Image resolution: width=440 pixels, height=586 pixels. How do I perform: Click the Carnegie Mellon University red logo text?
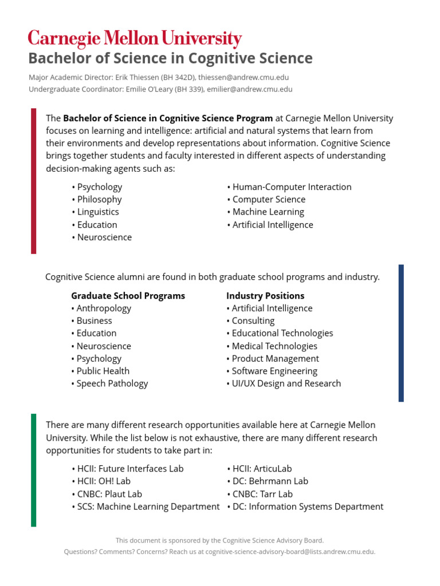pos(135,39)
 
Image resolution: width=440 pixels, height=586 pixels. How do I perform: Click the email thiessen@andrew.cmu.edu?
pos(243,77)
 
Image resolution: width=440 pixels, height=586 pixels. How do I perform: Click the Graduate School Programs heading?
pos(128,296)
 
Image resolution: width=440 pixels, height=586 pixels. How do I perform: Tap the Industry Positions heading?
pos(265,296)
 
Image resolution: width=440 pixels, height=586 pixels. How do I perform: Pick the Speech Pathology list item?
pos(112,383)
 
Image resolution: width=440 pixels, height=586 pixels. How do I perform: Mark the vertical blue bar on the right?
pos(401,332)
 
